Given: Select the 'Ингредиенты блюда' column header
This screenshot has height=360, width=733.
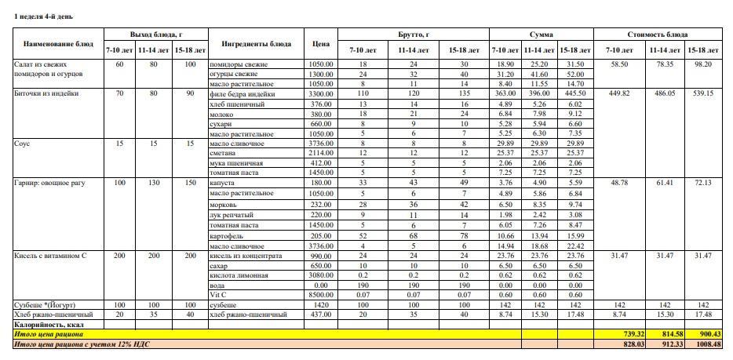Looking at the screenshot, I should (x=257, y=43).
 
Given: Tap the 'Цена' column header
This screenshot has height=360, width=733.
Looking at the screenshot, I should (x=320, y=43).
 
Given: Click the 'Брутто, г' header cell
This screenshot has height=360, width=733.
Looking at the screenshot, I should (x=413, y=35).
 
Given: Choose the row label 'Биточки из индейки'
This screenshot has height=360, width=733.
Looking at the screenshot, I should (x=46, y=93).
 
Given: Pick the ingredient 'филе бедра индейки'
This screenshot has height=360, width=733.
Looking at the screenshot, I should (x=243, y=93).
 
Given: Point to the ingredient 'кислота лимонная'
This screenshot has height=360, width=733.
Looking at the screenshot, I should (x=239, y=275).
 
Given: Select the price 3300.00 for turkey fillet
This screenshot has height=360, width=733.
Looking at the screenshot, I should (x=321, y=93).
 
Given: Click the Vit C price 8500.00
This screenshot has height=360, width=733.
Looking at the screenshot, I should (x=321, y=295).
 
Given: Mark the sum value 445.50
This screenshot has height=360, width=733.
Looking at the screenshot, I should (x=575, y=93).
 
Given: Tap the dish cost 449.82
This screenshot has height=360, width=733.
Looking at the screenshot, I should (x=619, y=93).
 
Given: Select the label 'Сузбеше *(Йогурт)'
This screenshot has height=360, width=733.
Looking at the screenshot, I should (x=45, y=304).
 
